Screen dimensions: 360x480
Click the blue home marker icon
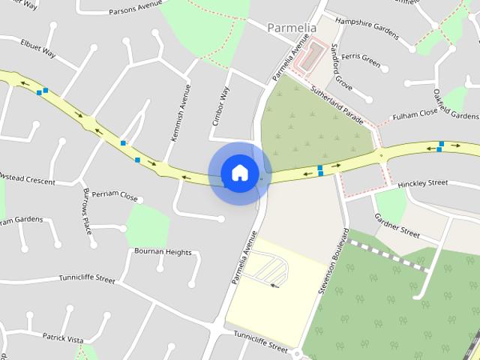coord(239,172)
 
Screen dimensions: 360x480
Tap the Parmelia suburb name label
coord(293,28)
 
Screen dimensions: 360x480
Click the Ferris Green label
coord(360,57)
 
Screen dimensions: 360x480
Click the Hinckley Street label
coord(422,183)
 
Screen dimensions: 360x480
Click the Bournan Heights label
coord(163,252)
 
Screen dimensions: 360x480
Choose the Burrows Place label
coord(87,211)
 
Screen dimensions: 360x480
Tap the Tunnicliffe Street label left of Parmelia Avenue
coord(88,280)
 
